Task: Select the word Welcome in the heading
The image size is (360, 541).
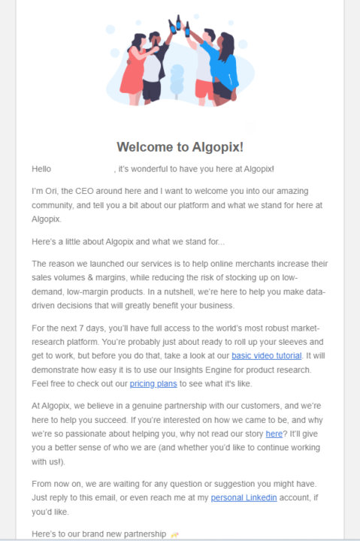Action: pyautogui.click(x=144, y=147)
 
